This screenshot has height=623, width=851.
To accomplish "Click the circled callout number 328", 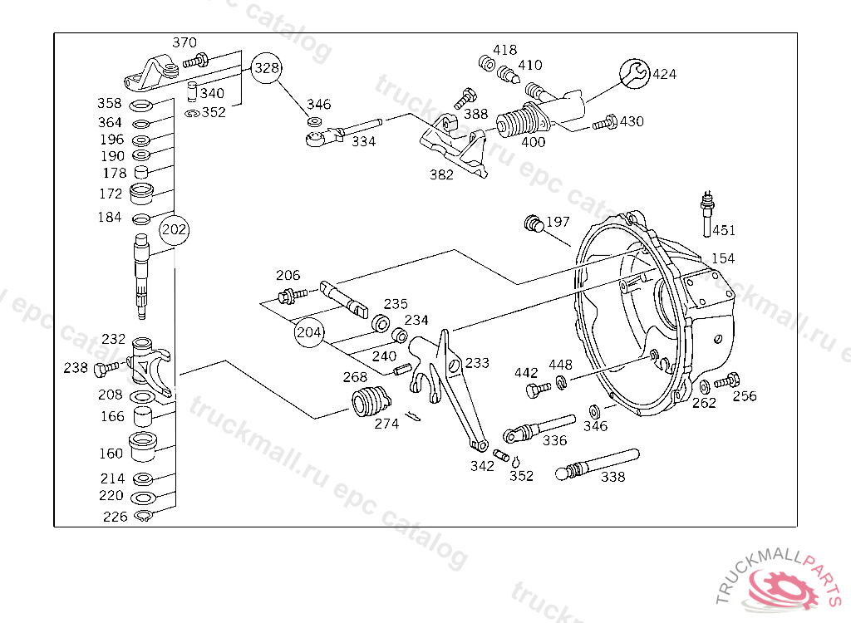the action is click(x=267, y=68).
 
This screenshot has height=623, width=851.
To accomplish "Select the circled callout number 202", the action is click(x=175, y=229).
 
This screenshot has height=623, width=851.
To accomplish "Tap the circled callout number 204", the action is click(x=309, y=331).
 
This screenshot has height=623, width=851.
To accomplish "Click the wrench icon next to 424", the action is click(x=634, y=73).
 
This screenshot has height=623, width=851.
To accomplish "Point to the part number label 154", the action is click(x=723, y=258).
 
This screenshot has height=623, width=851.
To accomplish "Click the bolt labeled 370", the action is click(x=196, y=61).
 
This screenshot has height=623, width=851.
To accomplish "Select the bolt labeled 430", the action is click(x=605, y=123).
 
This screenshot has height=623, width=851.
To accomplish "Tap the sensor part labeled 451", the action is click(x=706, y=213).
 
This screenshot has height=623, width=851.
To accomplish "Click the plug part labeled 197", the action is click(x=534, y=223).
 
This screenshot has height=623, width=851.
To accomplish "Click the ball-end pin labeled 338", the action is click(x=597, y=464).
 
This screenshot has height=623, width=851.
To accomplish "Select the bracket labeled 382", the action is click(x=453, y=145).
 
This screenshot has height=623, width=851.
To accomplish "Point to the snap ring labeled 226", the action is click(x=143, y=516).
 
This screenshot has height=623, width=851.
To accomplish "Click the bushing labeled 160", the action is click(x=142, y=447).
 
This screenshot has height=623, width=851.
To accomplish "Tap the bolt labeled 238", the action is click(x=106, y=369).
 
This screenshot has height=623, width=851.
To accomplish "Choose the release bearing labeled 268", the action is click(x=371, y=402).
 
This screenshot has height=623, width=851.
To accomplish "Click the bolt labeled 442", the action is click(x=538, y=389).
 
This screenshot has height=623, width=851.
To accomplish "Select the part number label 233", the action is click(x=477, y=362).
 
